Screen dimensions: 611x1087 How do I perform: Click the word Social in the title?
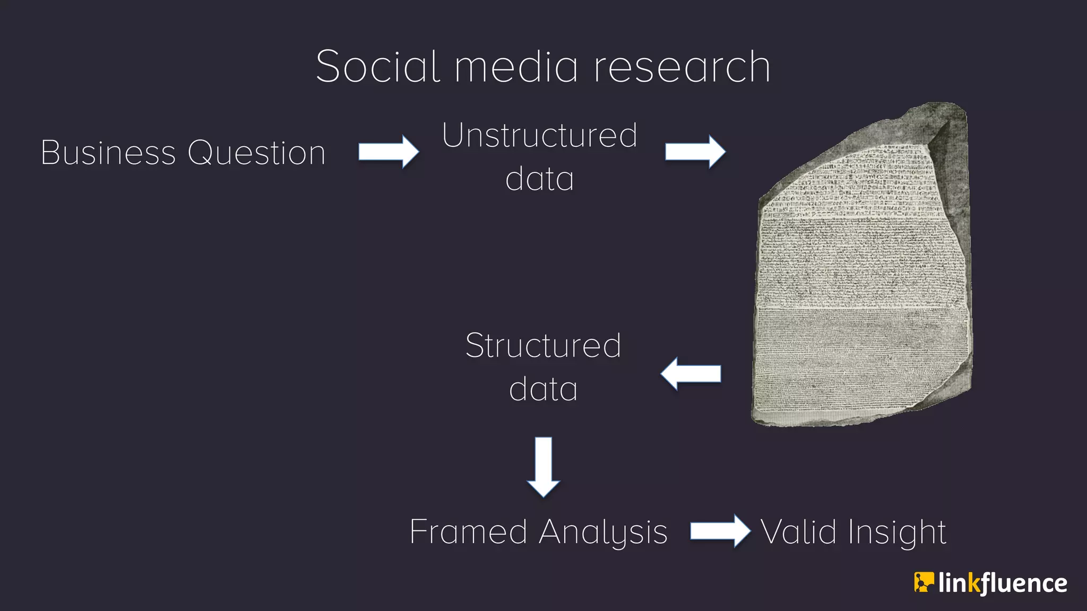pos(378,67)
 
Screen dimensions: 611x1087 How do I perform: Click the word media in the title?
pos(516,67)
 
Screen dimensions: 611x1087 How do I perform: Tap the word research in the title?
pos(681,67)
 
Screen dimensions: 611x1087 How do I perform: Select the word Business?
pos(108,153)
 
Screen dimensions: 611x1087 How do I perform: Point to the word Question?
pos(256,153)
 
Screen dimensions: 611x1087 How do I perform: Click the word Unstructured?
pos(539,135)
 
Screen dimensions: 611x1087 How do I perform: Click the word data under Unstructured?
pos(539,178)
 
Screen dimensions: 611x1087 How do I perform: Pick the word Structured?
pos(543,346)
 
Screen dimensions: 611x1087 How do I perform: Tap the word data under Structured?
pos(543,389)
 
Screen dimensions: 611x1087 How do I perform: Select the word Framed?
pos(468,531)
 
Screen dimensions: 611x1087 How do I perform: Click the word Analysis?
pos(603,531)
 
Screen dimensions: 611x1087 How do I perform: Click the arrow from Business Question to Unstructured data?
pos(389,152)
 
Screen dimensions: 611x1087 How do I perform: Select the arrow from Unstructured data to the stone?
pos(695,152)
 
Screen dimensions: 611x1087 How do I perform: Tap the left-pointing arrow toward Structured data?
pos(691,374)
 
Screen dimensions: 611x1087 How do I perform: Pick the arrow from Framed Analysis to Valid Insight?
pos(720,531)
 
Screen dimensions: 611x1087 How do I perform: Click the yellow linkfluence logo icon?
pos(923,582)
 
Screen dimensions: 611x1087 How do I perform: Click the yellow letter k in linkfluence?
pos(973,583)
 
